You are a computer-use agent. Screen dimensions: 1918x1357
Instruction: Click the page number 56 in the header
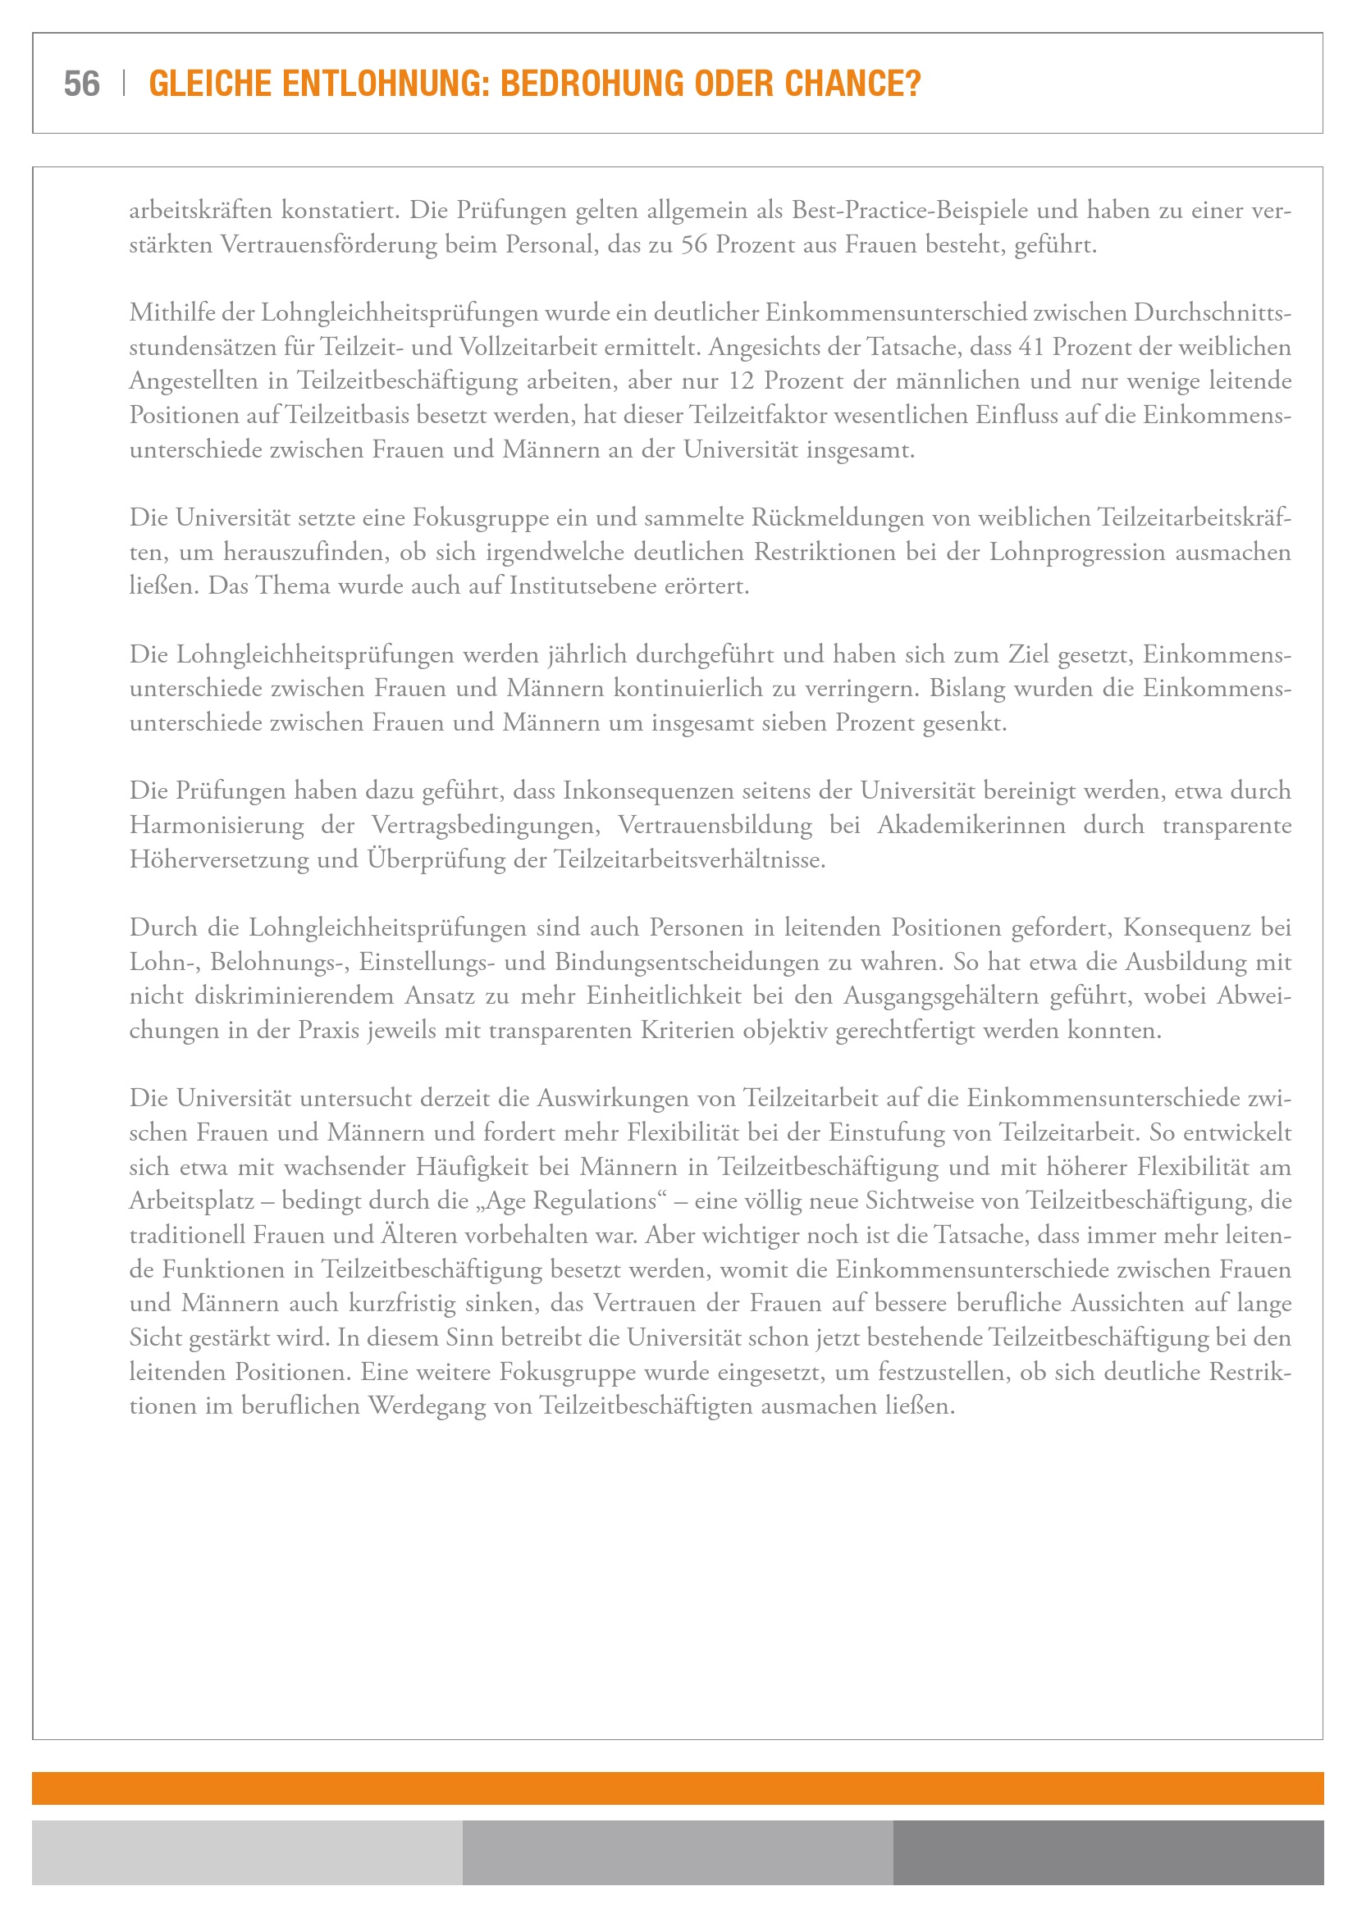(81, 84)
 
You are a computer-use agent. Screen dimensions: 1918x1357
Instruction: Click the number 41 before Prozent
(1031, 347)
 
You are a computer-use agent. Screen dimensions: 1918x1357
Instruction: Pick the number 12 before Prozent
(740, 381)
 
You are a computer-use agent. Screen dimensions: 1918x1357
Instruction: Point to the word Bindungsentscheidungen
(687, 963)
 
